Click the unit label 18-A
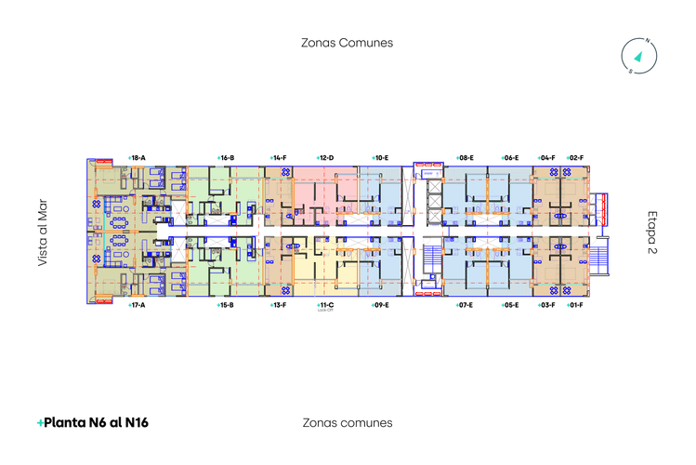138,158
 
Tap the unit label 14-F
278,158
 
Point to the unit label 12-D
325,158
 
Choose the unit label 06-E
510,158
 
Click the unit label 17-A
138,305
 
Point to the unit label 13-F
278,305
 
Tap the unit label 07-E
466,305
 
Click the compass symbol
639,55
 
